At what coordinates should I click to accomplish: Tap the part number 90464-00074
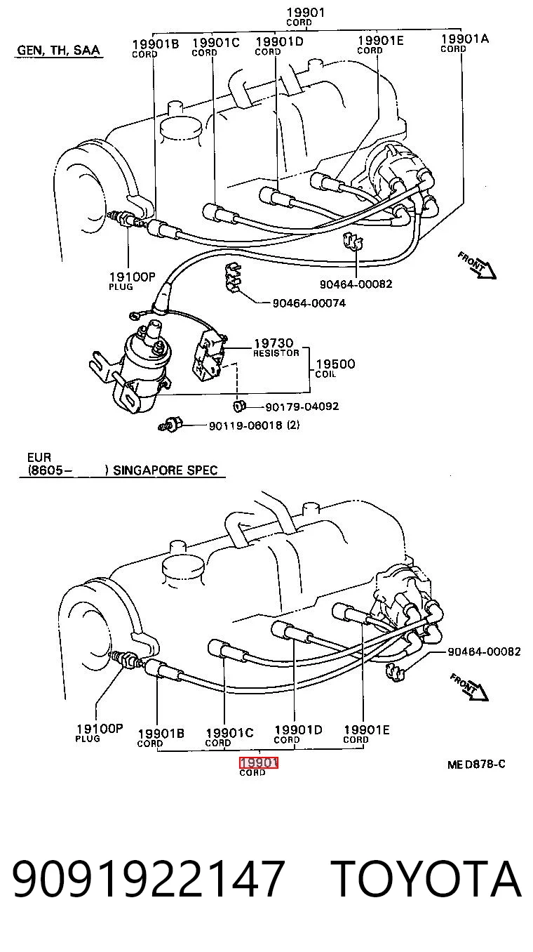(x=309, y=303)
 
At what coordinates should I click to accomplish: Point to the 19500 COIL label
(x=335, y=368)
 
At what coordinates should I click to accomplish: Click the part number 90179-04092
(x=302, y=406)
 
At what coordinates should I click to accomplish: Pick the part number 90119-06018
(x=245, y=425)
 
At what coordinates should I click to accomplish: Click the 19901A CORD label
(x=465, y=43)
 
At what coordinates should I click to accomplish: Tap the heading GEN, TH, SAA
(x=58, y=50)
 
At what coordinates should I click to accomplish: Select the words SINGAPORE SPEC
(x=166, y=470)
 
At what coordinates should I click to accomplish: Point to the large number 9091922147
(x=148, y=878)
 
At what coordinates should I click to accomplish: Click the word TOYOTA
(x=426, y=878)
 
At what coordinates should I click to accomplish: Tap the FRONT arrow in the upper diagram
(x=477, y=265)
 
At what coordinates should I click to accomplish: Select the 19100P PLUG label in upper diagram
(x=132, y=281)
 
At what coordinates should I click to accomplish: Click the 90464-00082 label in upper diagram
(x=356, y=284)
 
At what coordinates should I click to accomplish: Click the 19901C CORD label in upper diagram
(x=216, y=47)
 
